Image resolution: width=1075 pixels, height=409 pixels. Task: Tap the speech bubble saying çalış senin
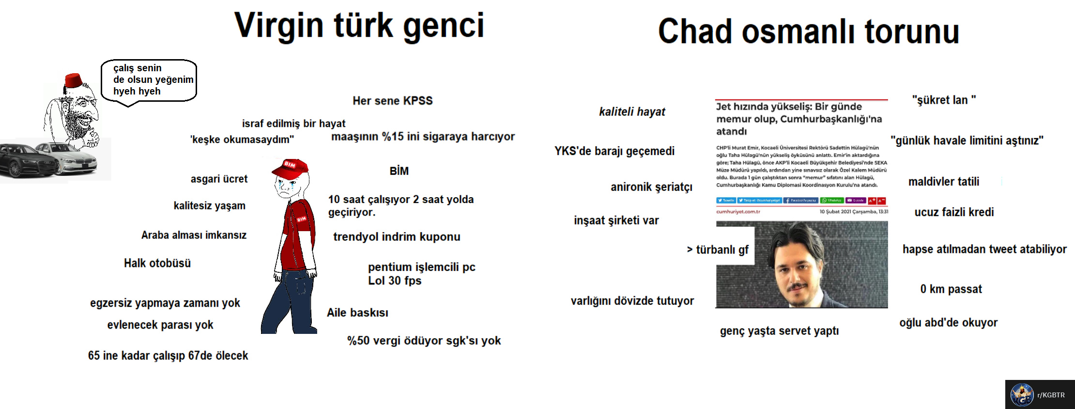(x=148, y=80)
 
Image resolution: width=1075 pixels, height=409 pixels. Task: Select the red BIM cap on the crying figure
(x=291, y=168)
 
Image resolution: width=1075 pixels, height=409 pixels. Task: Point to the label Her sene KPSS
(x=392, y=101)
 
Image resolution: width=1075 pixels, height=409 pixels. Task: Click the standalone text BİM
(x=399, y=171)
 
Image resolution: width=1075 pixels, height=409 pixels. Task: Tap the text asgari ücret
(x=219, y=179)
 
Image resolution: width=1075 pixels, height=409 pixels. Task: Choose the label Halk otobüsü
(x=157, y=263)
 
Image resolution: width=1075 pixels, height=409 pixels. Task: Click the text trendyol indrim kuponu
(x=397, y=237)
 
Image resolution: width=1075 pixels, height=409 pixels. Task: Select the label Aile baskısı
(x=357, y=313)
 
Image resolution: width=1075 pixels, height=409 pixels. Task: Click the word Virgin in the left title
(x=279, y=26)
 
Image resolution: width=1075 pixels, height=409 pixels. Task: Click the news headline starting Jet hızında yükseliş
(x=799, y=119)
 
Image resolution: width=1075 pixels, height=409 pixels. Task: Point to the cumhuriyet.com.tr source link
(x=738, y=212)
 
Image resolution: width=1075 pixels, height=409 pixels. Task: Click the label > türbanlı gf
(x=718, y=250)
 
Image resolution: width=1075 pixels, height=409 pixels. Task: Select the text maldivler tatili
(x=943, y=182)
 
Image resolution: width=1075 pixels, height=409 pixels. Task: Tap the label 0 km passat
(x=951, y=289)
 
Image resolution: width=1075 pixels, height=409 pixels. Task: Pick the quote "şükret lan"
(x=944, y=100)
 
